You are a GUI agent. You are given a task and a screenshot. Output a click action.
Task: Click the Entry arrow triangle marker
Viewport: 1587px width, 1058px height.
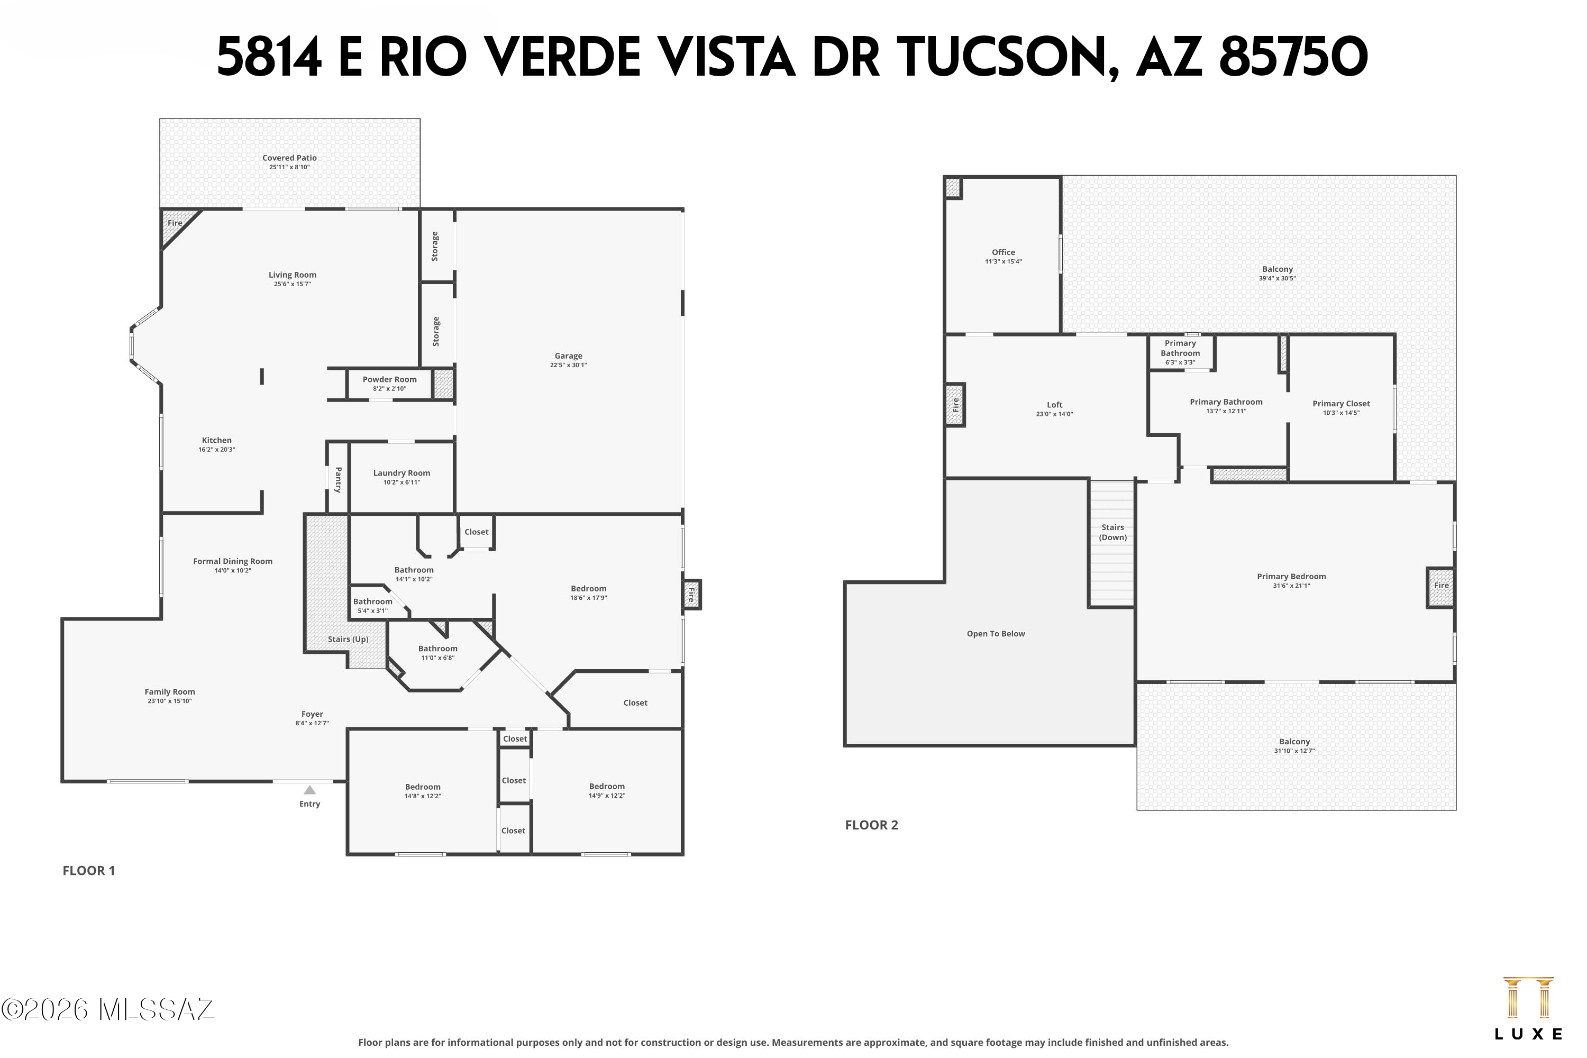[x=309, y=790]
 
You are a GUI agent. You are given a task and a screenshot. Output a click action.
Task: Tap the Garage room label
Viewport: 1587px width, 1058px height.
[x=568, y=355]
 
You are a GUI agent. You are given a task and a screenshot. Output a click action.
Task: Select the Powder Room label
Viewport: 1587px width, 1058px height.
[x=389, y=379]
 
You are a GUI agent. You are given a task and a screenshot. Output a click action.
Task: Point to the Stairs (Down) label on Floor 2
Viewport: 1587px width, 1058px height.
[x=1112, y=532]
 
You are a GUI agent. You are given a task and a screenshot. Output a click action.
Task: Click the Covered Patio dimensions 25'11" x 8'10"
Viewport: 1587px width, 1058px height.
[x=289, y=167]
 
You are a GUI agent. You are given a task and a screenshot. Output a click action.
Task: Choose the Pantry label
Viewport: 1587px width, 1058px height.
[x=338, y=479]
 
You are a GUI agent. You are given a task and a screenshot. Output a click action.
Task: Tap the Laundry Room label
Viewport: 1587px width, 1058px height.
[x=402, y=473]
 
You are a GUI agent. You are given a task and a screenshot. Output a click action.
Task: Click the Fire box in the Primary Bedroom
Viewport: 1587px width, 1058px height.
[x=1440, y=586]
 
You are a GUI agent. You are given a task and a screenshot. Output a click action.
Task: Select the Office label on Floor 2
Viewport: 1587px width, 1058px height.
[x=1004, y=252]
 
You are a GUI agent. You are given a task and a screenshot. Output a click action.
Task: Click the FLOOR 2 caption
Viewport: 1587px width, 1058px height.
[x=871, y=825]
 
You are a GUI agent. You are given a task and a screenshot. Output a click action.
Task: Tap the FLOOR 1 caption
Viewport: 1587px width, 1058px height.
[x=88, y=870]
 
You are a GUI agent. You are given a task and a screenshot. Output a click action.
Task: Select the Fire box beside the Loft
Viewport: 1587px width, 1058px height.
[x=955, y=405]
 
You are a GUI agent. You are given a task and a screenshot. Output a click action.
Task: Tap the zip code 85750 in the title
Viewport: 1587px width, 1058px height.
[x=1293, y=58]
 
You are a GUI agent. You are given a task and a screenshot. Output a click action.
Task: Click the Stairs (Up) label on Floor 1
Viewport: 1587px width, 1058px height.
[x=348, y=639]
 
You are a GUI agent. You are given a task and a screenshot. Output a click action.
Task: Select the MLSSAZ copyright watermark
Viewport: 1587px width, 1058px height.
[x=108, y=1010]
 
